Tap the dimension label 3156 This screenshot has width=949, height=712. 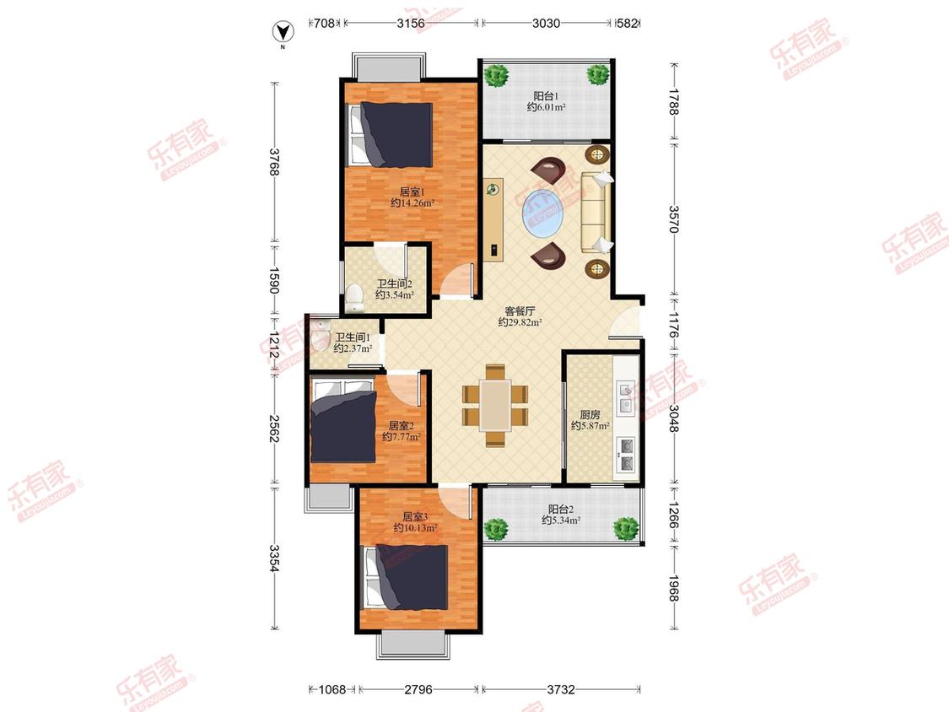(411, 24)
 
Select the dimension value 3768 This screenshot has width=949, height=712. (274, 162)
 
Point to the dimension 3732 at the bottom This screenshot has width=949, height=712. (560, 689)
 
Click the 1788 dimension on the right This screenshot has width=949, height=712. (674, 102)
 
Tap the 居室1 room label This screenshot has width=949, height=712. (409, 192)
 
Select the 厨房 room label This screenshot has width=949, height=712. (590, 415)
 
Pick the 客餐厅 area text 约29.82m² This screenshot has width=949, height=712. (520, 323)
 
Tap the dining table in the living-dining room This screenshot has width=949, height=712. (495, 405)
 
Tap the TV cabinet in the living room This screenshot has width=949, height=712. (493, 220)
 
